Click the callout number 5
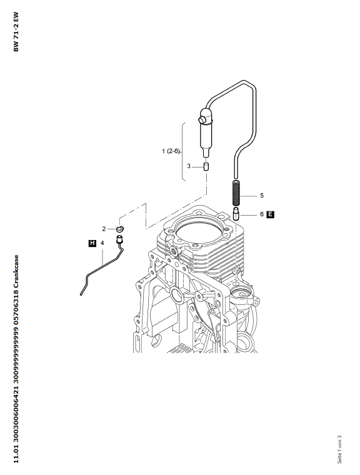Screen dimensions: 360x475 (262, 196)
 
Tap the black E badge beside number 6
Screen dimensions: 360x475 (270, 214)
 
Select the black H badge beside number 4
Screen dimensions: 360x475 (92, 243)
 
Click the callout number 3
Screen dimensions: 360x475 (189, 166)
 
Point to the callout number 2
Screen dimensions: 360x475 (104, 229)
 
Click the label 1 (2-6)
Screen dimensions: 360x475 (171, 151)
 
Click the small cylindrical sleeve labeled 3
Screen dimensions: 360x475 (206, 167)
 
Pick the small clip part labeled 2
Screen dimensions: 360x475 (120, 229)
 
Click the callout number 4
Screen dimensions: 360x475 (102, 243)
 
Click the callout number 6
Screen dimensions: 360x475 (262, 214)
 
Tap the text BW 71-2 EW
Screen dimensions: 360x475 (16, 32)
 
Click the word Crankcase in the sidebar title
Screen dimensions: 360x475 (16, 272)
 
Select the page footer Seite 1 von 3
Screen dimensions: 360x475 (339, 449)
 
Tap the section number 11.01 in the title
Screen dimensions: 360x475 (16, 454)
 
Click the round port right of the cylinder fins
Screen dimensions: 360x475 (241, 294)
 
